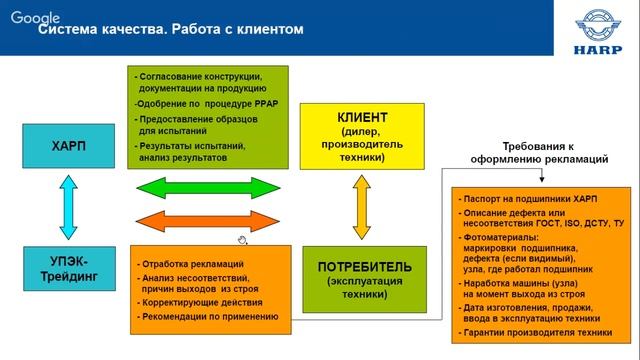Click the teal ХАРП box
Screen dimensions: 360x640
67,146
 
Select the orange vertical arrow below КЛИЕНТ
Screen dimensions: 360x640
362,208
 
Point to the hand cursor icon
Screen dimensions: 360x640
241,240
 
